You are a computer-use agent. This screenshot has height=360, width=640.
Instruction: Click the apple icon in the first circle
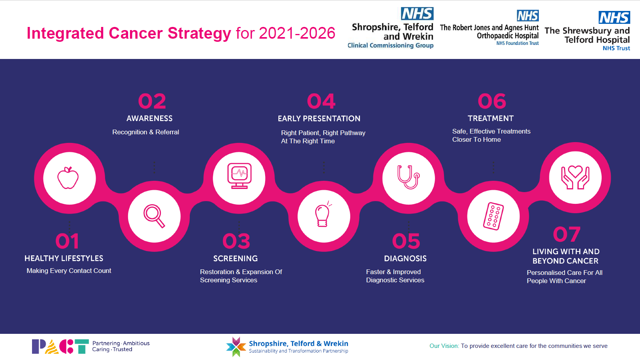(68, 178)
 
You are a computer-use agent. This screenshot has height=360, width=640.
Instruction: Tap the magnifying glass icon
(154, 216)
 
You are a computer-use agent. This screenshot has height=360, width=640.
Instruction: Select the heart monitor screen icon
(239, 176)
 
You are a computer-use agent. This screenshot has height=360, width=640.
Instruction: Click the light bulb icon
(323, 214)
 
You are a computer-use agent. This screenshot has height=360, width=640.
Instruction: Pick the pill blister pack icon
(494, 216)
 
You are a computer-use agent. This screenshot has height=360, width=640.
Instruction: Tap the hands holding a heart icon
(575, 177)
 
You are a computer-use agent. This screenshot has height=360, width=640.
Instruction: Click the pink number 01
(67, 241)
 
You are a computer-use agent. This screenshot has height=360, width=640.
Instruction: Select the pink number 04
(321, 101)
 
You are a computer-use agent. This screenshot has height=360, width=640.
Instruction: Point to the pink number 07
(567, 234)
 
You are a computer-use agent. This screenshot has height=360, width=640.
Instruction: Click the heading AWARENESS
(150, 119)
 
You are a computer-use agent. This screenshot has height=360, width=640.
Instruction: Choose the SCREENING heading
(235, 258)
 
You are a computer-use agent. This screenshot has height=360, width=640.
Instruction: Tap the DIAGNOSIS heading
(405, 258)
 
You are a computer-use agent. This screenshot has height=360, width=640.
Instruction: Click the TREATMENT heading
(490, 118)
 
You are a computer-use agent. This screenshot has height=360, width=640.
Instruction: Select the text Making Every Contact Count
(69, 271)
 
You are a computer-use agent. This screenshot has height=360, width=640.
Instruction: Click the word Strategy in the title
(200, 34)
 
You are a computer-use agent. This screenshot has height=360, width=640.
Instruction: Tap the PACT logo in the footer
(60, 346)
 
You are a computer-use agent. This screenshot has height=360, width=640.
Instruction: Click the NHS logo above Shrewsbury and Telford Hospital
(614, 18)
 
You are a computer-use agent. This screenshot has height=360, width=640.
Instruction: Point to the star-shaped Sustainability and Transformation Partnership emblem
(236, 347)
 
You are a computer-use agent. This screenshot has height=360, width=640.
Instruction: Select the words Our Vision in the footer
(444, 346)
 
